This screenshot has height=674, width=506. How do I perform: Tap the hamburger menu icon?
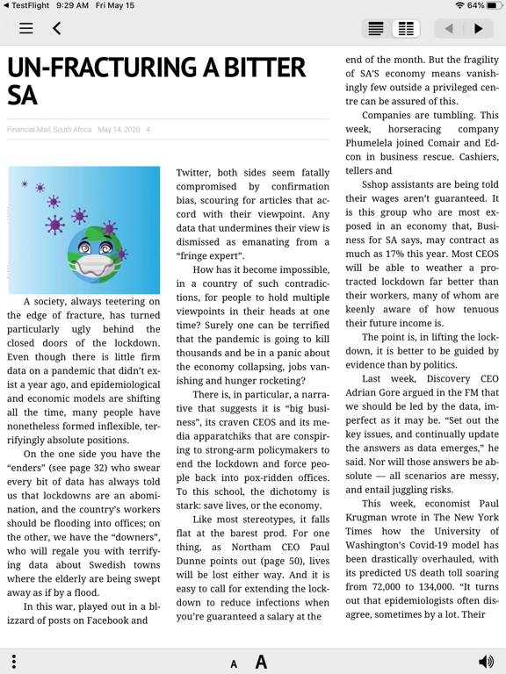[26, 29]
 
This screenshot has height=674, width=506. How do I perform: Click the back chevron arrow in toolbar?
[57, 29]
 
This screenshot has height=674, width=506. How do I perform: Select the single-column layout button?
[376, 29]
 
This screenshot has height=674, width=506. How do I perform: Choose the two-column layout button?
[406, 29]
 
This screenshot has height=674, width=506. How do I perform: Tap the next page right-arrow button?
[478, 29]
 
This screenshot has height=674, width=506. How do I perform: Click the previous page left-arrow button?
[449, 29]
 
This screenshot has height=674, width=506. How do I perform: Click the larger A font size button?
[261, 662]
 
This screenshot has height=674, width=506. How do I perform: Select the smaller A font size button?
[234, 663]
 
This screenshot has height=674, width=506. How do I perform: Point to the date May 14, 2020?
[119, 130]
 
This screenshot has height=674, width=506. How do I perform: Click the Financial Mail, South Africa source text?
[49, 130]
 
